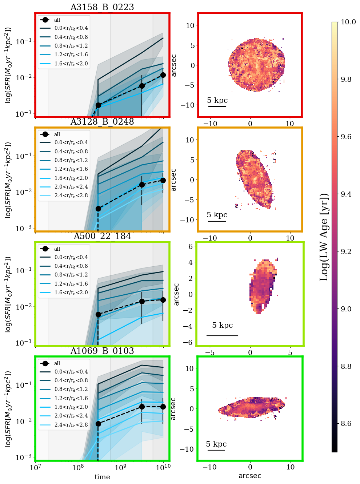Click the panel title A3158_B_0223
102,7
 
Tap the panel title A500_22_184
102,236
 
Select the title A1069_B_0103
102,351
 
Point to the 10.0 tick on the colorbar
348,22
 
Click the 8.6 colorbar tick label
348,424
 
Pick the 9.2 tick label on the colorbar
348,251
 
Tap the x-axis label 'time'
102,477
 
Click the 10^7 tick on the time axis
35,467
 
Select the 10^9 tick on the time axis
121,467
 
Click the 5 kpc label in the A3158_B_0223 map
217,100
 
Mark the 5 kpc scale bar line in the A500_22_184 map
222,335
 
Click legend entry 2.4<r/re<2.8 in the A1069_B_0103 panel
71,424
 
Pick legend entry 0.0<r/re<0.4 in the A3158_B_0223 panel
71,28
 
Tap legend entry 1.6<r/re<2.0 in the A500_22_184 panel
71,293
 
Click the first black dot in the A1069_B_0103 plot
98,424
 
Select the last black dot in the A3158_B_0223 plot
163,75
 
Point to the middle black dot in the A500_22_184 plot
142,302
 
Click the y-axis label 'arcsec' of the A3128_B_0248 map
174,180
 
